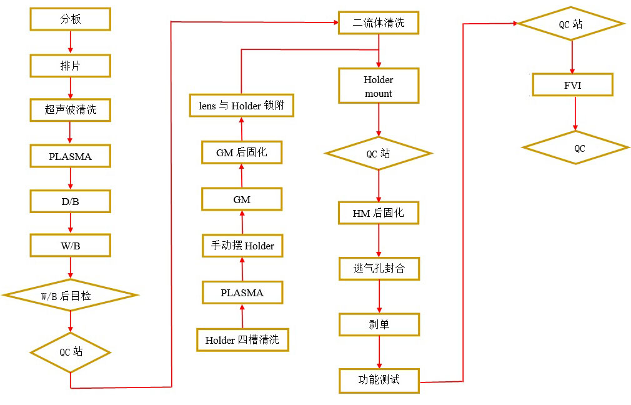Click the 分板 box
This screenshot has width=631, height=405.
[x=71, y=19]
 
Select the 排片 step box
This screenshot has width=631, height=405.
[x=71, y=66]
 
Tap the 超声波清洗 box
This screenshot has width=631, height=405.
[x=71, y=111]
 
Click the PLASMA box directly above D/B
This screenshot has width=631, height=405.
[x=71, y=156]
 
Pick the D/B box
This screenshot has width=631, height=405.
[x=71, y=201]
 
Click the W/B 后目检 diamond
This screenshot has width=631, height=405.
[x=71, y=296]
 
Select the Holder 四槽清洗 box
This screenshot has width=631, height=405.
[x=242, y=341]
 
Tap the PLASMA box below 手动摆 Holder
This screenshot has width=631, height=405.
[x=242, y=292]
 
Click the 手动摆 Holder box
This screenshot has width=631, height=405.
[x=242, y=246]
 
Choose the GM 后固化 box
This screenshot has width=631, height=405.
[x=242, y=152]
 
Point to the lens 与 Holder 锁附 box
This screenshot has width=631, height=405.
[x=242, y=106]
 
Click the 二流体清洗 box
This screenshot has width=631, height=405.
[x=379, y=23]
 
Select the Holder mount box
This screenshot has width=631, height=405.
[x=379, y=86]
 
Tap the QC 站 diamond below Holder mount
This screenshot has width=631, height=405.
[x=379, y=154]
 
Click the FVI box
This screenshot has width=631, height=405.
[x=572, y=85]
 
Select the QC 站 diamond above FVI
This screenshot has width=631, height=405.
[x=571, y=24]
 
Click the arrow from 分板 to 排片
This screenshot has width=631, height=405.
[x=71, y=42]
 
